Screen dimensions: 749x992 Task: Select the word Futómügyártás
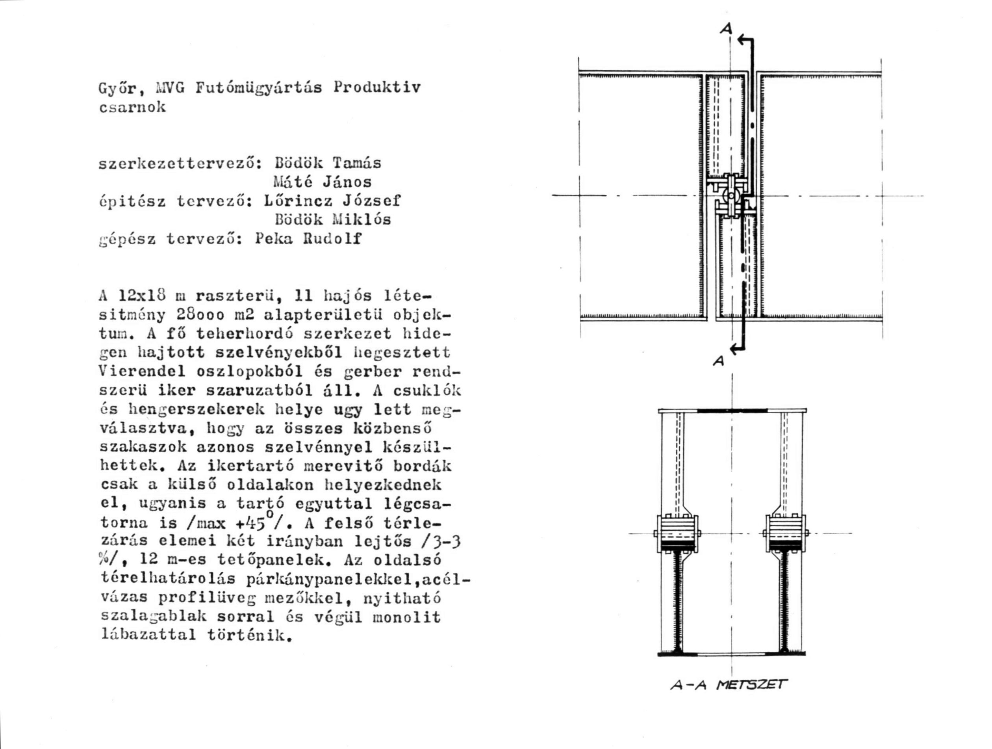[x=259, y=87]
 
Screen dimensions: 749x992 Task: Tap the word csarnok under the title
[x=132, y=107]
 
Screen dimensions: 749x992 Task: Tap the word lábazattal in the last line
[x=148, y=636]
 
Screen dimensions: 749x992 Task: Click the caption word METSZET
[x=751, y=685]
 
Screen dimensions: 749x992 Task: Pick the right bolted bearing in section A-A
[x=785, y=533]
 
